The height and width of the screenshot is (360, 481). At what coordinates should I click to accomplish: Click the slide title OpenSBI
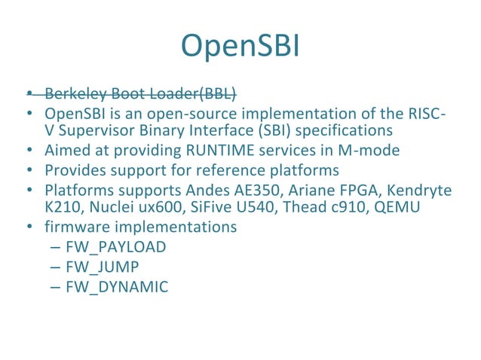click(x=240, y=46)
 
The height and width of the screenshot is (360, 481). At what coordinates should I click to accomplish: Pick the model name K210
click(x=61, y=206)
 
